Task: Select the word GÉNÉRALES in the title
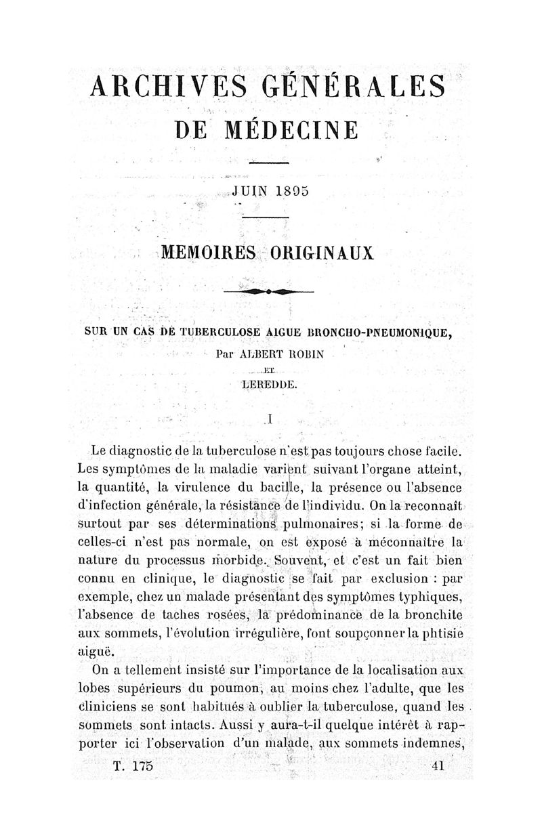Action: (355, 88)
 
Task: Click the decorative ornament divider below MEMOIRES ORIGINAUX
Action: (269, 291)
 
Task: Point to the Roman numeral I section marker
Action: (270, 419)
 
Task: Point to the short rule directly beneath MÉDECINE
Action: (269, 163)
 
